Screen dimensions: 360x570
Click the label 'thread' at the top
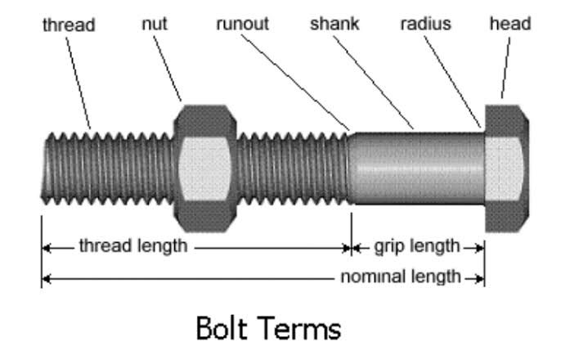[x=68, y=25]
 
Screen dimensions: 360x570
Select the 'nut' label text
[x=154, y=24]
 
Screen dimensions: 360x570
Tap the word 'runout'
[x=242, y=24]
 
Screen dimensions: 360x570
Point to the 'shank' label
[x=334, y=24]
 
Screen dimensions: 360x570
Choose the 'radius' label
[x=425, y=24]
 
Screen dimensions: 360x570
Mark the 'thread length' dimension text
[x=132, y=245]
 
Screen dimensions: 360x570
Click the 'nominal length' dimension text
[x=401, y=277]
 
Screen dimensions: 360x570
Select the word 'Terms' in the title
[x=302, y=329]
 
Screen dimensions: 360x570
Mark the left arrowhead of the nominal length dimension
[x=46, y=278]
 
